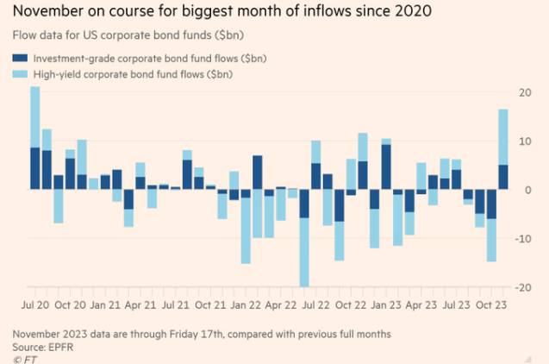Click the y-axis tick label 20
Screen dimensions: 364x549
[525, 92]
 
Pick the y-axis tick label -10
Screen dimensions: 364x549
[523, 238]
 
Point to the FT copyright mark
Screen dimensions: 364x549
[20, 358]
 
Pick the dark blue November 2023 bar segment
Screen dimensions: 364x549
[502, 177]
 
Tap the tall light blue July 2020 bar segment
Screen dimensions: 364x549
[35, 117]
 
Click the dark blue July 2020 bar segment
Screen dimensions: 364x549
[35, 168]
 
